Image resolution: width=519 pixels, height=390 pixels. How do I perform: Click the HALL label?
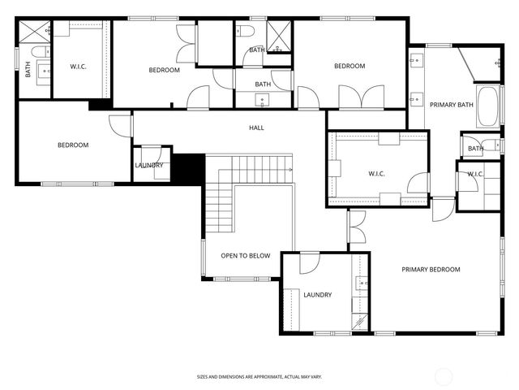coord(256,128)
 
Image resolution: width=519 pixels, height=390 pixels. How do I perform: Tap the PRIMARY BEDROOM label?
coord(431,270)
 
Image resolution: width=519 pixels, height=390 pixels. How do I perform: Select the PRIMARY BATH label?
coord(451,105)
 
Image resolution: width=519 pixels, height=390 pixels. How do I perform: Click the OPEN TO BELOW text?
coord(246,256)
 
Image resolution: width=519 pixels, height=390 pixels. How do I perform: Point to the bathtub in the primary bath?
coord(487,106)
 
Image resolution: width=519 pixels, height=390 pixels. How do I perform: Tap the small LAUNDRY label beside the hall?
coord(150,166)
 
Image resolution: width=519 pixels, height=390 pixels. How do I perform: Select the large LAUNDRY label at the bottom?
coord(317,295)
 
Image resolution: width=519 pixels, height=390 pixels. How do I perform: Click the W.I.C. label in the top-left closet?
coord(79,67)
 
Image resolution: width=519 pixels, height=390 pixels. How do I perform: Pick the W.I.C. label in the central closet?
coord(378,172)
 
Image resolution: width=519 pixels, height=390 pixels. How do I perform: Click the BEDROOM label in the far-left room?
coord(72,145)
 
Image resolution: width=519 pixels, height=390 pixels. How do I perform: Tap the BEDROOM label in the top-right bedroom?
coord(350,67)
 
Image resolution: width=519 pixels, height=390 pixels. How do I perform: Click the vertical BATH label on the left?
coord(28,71)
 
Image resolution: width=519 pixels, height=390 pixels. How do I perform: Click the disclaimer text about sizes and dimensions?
coord(259,376)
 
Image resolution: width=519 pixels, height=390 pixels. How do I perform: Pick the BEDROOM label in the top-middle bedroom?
coord(164,71)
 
